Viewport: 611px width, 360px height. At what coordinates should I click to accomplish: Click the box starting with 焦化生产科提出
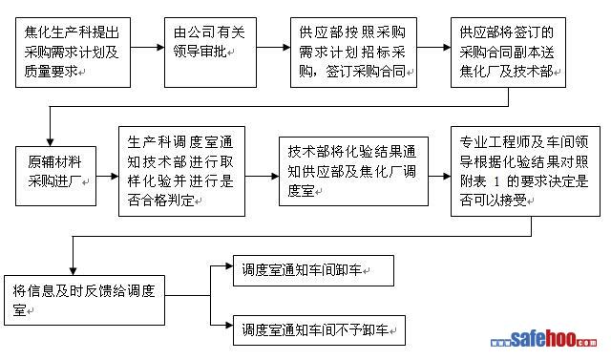tap(73, 53)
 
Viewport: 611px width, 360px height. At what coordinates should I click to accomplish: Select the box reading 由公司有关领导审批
tap(210, 53)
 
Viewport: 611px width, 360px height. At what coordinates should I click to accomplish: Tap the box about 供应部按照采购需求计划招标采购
tap(353, 53)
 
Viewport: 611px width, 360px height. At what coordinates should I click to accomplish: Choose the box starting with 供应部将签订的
tap(508, 53)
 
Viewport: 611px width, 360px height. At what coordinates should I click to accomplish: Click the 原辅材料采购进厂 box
tap(55, 176)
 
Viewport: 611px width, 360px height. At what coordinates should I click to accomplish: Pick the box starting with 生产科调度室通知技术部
tap(182, 171)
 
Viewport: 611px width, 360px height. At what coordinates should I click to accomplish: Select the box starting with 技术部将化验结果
tap(353, 171)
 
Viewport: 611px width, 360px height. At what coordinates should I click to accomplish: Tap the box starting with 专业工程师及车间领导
tap(525, 171)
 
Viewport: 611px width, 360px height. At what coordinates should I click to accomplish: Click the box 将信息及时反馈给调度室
tap(84, 301)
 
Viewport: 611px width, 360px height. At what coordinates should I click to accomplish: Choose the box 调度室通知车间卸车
tap(313, 270)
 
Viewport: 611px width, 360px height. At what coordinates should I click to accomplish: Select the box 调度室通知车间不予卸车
tap(319, 330)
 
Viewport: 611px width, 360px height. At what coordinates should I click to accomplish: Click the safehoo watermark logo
tap(543, 340)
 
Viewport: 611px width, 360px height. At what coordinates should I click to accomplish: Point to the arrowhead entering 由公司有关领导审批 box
tap(160, 47)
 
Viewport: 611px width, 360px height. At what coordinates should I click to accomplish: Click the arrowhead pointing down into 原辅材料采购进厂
tap(50, 142)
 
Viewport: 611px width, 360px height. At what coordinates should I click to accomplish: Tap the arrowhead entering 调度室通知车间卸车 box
tap(229, 266)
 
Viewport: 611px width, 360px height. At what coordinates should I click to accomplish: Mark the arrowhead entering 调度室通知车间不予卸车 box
tap(229, 325)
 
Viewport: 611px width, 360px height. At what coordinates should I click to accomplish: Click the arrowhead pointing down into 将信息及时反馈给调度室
tap(73, 271)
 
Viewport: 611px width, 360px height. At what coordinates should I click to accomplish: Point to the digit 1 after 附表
tap(496, 181)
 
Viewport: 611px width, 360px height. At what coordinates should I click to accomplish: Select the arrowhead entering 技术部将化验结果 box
tap(275, 176)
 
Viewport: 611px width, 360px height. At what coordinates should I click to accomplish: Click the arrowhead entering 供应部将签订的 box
tap(447, 47)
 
